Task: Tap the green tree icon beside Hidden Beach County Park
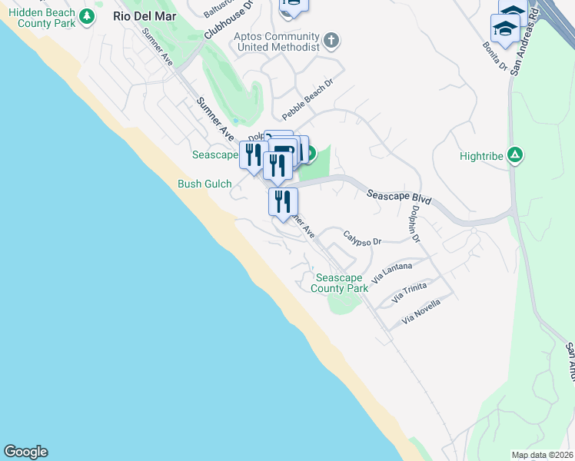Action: click(88, 15)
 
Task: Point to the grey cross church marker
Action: click(331, 39)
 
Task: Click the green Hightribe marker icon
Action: click(516, 154)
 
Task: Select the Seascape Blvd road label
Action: click(398, 196)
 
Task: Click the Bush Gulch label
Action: click(200, 184)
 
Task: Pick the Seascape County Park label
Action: click(339, 283)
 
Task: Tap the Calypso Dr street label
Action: click(362, 239)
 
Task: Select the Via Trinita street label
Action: click(408, 292)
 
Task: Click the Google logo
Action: click(25, 452)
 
